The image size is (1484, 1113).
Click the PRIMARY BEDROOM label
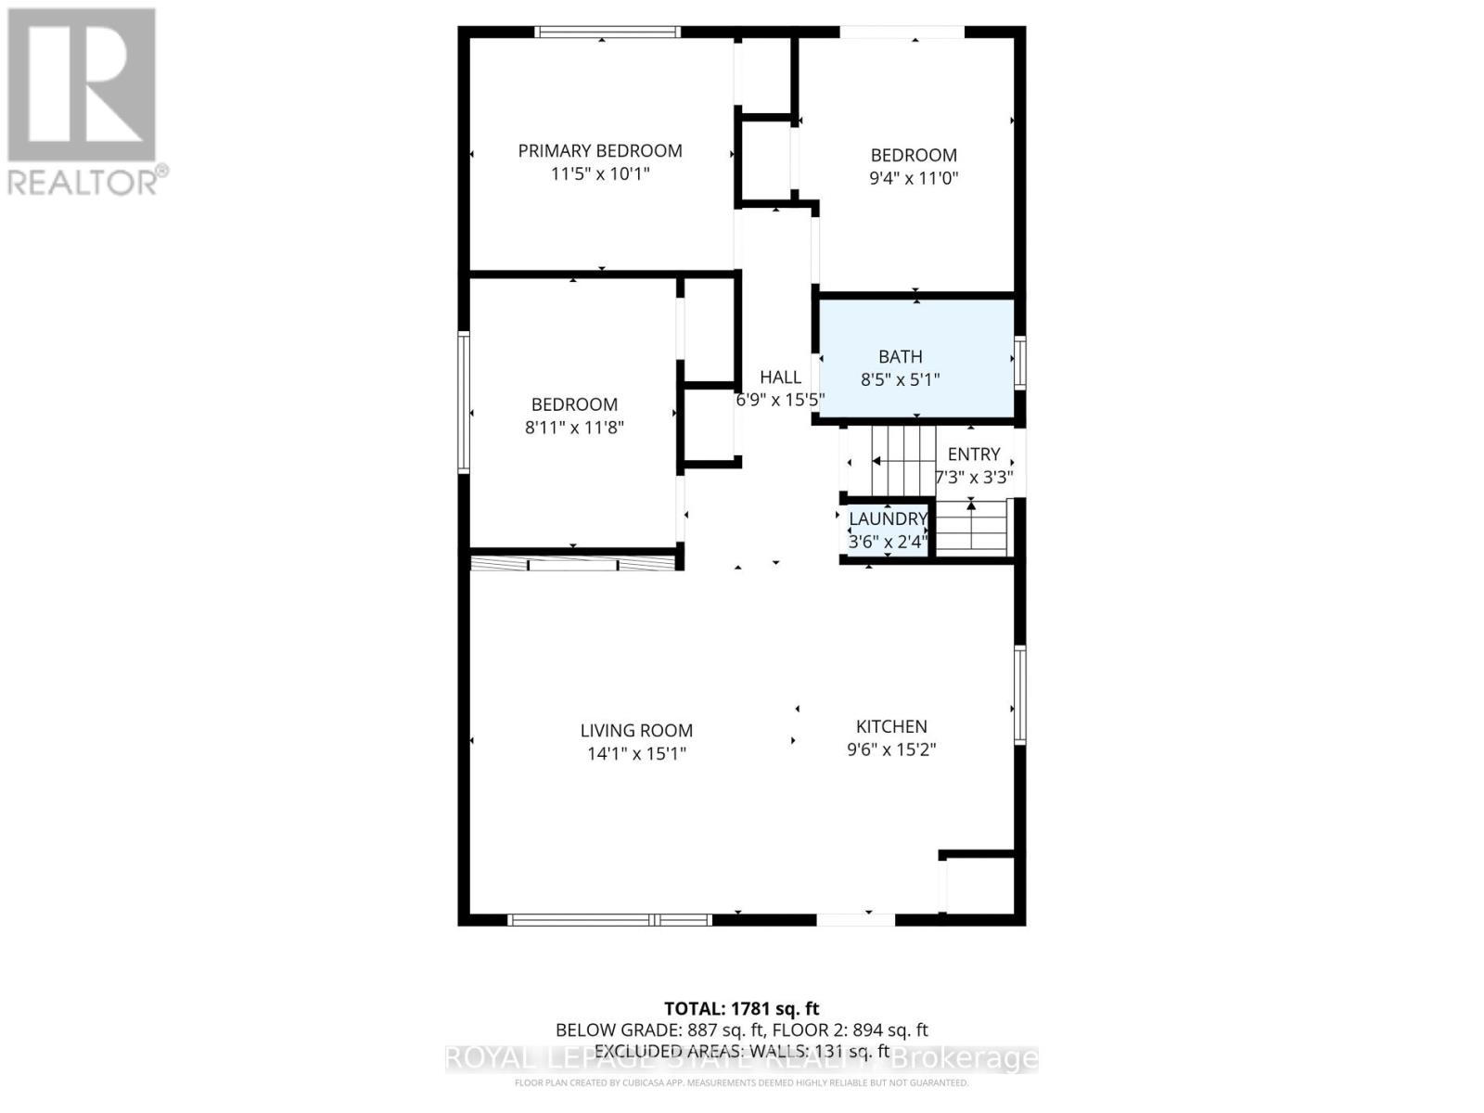click(600, 150)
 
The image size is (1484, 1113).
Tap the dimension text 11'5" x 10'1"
click(600, 173)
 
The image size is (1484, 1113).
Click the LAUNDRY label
click(888, 518)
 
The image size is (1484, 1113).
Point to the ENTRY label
click(974, 454)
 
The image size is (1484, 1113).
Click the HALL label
click(780, 377)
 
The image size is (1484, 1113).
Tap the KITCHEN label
click(891, 726)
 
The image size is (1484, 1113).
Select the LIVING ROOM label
click(636, 731)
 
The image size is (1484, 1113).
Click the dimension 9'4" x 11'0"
click(914, 178)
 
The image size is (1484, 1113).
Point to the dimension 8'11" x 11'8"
click(574, 428)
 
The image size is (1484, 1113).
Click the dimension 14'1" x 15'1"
click(636, 754)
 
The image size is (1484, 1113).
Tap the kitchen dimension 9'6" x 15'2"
click(891, 749)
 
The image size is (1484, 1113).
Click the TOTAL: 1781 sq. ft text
click(742, 1008)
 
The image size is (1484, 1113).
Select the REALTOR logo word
click(83, 182)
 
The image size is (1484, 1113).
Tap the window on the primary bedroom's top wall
click(608, 32)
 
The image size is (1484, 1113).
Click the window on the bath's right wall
click(1020, 362)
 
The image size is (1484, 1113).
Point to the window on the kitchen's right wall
click(1020, 694)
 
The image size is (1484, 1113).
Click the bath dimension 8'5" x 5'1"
click(901, 379)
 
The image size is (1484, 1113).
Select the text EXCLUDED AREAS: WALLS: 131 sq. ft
click(742, 1051)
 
